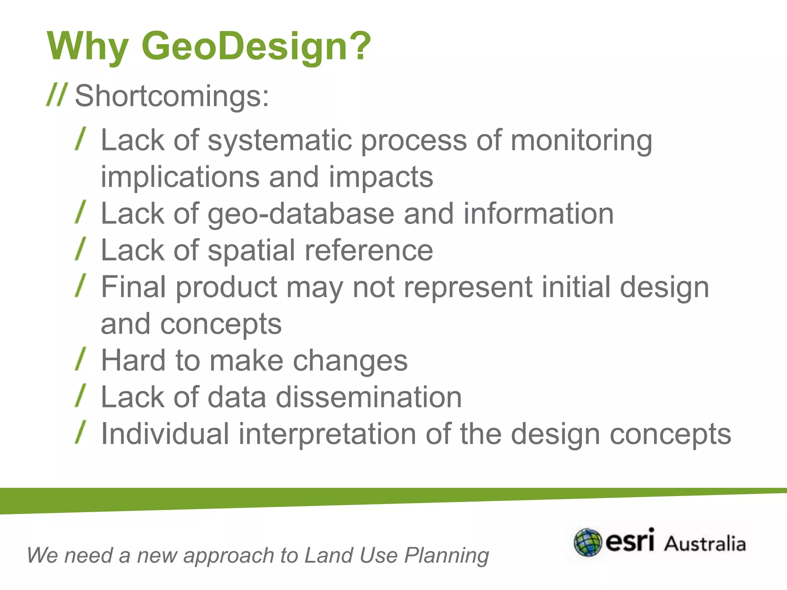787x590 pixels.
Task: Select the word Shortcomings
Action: click(172, 96)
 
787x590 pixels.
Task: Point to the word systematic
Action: click(280, 140)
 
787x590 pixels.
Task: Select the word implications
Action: click(180, 177)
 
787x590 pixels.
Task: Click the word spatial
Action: click(252, 251)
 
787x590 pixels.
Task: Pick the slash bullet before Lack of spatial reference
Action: click(80, 249)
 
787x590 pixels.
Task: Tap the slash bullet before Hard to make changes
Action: click(80, 359)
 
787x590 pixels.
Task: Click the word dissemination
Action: click(369, 397)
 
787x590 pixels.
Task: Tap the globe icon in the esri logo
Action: click(588, 542)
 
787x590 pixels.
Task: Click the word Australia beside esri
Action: click(705, 544)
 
